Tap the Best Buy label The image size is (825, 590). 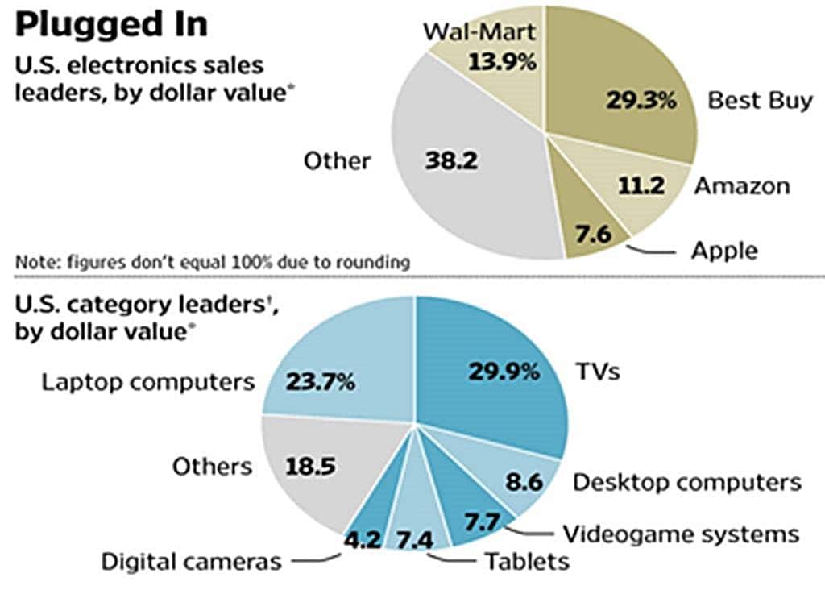coord(760,102)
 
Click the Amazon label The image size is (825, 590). coord(742,186)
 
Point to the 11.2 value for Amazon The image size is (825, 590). coord(642,186)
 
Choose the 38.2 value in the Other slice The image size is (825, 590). coord(451,160)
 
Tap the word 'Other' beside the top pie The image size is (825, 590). coord(337,160)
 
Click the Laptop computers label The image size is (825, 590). coord(148,381)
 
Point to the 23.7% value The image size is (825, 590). coord(320,381)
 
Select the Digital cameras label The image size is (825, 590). coord(191,561)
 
